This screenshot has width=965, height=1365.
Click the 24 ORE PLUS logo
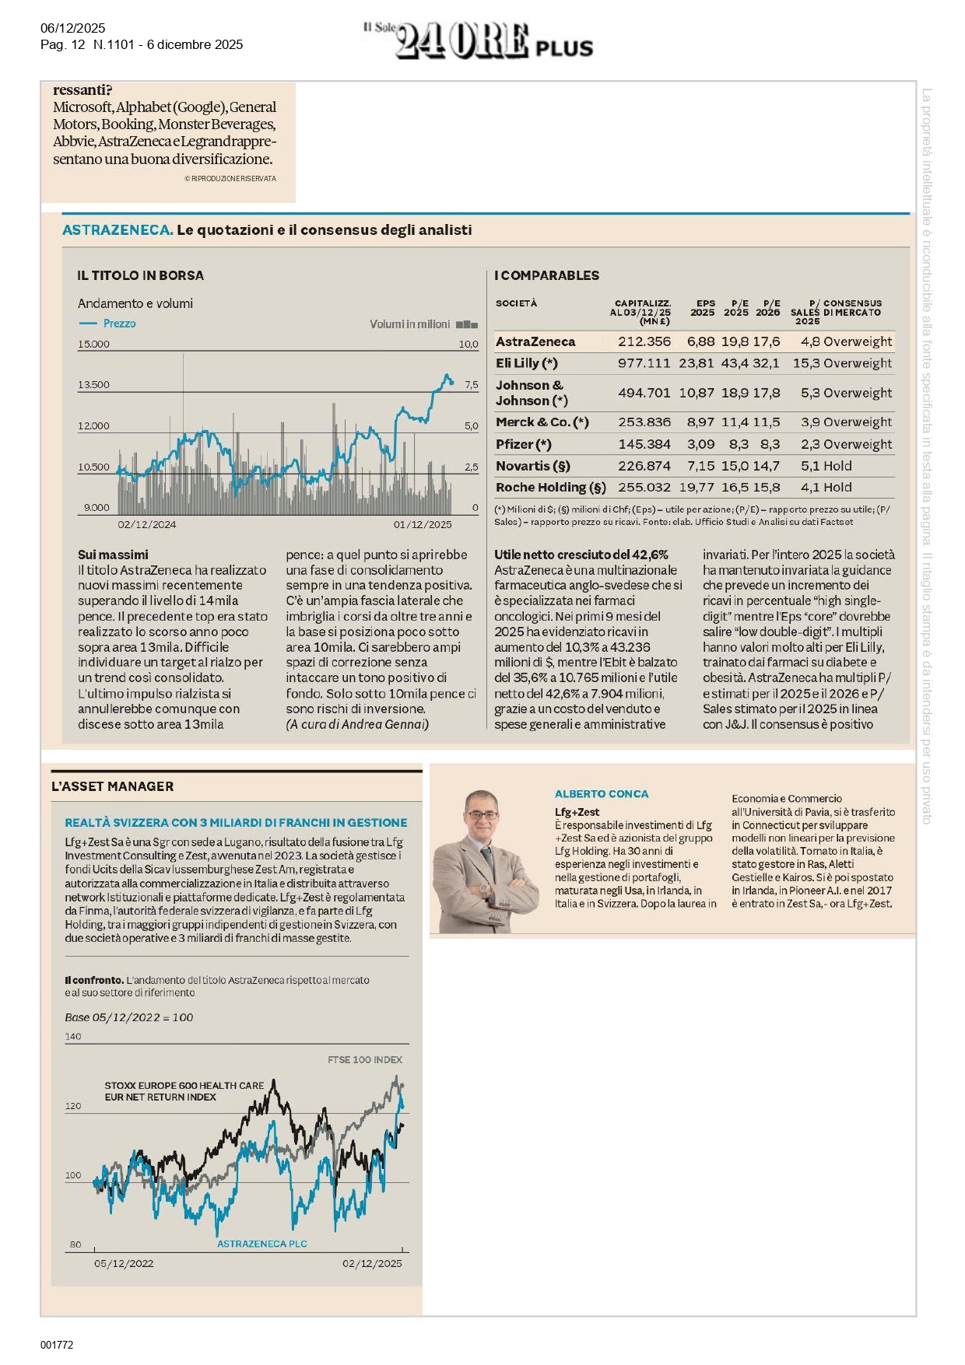(478, 40)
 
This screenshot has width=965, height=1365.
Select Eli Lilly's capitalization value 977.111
(644, 363)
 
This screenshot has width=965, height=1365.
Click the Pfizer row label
(523, 444)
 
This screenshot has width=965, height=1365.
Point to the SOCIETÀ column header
(516, 303)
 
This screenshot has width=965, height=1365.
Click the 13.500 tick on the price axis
(93, 385)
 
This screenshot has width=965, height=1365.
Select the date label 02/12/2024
(147, 525)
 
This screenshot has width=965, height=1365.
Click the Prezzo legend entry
(119, 324)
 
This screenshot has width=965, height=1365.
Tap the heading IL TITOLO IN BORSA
(140, 275)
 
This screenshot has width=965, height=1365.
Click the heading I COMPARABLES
(546, 275)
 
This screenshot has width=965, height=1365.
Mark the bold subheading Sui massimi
(113, 555)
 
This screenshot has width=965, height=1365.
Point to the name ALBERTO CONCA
(601, 794)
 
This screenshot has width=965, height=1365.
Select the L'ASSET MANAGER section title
(112, 786)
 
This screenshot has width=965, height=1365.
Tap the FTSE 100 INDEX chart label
(365, 1059)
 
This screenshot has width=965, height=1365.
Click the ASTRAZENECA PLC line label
(261, 1244)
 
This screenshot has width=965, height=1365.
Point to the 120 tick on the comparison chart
(73, 1106)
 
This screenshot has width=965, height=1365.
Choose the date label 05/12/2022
(124, 1263)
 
